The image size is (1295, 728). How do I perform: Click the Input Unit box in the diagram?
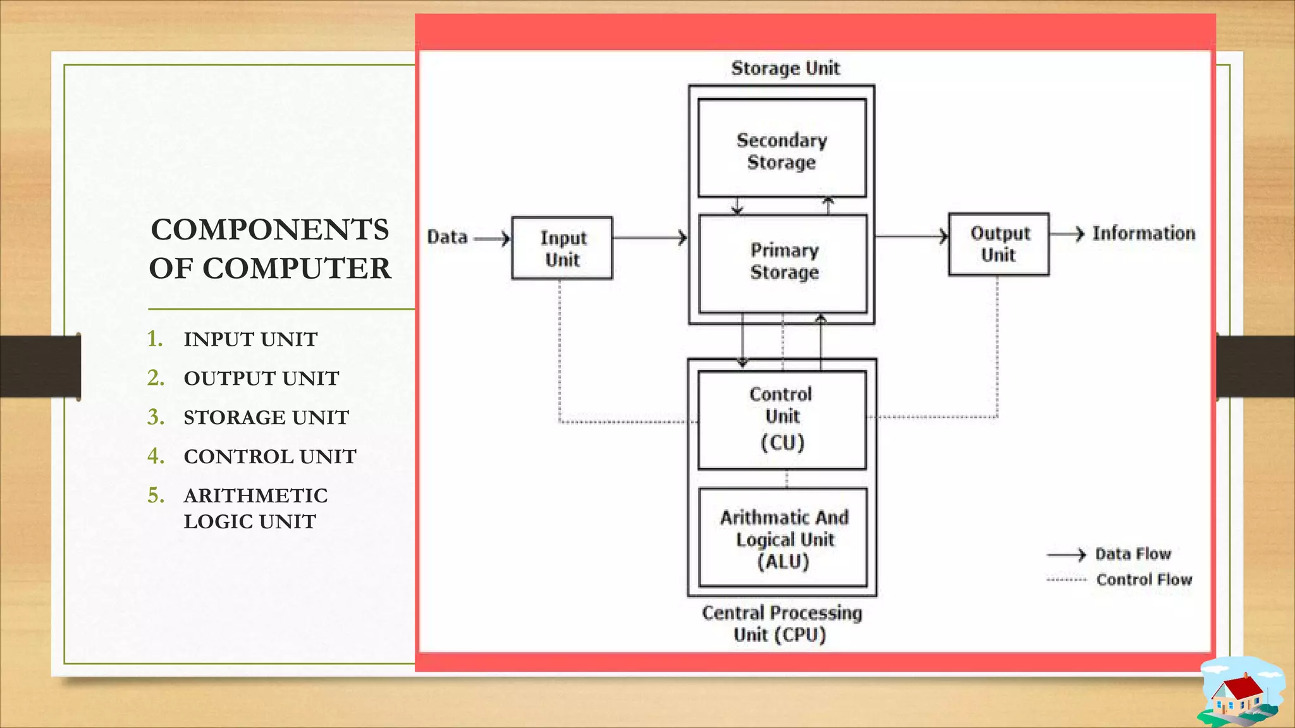point(562,248)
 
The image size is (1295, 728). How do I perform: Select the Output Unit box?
point(998,244)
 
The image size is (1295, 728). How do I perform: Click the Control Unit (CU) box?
point(782,420)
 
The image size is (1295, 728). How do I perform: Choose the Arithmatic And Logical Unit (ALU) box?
point(783,538)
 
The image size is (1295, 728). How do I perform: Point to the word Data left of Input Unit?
point(447,237)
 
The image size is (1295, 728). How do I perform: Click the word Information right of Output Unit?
point(1143,233)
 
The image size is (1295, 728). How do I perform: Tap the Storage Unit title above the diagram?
point(785,68)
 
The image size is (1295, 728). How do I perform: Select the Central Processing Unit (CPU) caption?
point(782,623)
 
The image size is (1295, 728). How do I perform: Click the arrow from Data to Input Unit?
point(492,238)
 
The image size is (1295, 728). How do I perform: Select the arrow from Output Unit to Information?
point(1067,234)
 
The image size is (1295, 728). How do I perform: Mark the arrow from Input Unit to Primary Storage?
point(649,238)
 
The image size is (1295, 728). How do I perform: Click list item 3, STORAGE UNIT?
point(266,417)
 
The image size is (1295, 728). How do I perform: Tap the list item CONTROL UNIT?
point(269,456)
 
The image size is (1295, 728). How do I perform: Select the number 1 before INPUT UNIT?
point(154,339)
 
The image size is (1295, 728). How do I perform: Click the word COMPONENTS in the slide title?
point(269,229)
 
